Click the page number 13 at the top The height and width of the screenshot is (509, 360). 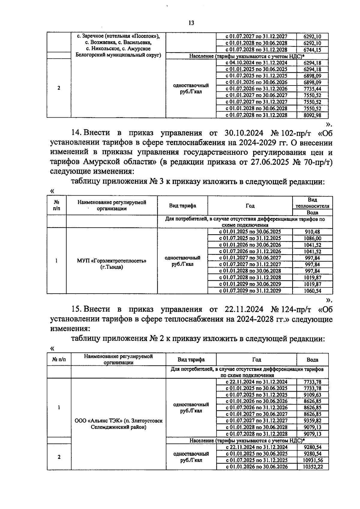(191, 23)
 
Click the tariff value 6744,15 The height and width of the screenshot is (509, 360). (312, 50)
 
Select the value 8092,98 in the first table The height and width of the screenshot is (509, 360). (312, 115)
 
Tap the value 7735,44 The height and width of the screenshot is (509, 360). (312, 89)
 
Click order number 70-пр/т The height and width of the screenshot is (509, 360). (315, 162)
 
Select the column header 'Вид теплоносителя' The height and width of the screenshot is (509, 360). (312, 203)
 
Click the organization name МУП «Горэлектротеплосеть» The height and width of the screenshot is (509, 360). (112, 261)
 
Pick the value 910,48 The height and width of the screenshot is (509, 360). (312, 232)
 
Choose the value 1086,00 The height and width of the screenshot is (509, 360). (312, 238)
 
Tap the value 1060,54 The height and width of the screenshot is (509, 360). (312, 291)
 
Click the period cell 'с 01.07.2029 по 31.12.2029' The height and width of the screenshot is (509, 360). (250, 291)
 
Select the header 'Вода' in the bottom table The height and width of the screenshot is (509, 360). (312, 360)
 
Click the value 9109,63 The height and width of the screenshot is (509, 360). (312, 395)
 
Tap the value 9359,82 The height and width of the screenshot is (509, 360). (312, 421)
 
